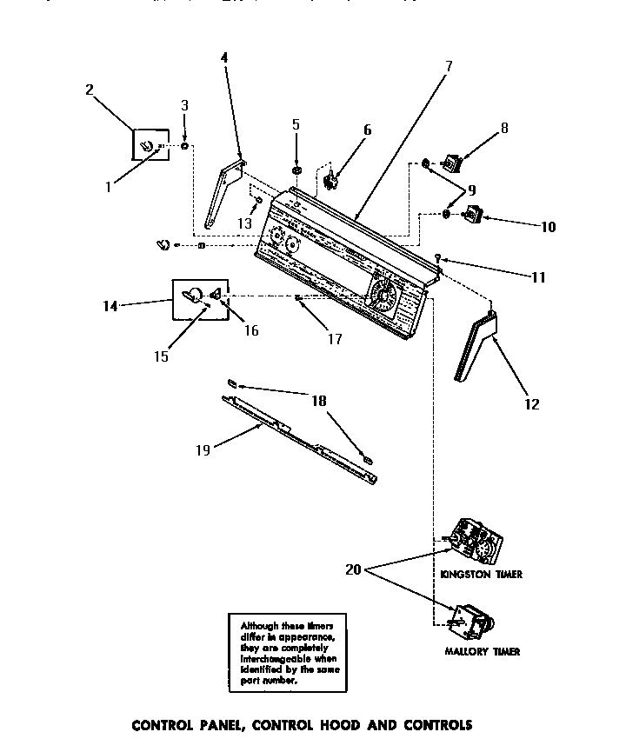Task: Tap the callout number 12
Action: [532, 403]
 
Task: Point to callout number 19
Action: [202, 450]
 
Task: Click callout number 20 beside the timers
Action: [355, 570]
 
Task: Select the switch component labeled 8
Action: [452, 161]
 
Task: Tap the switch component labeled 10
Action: [474, 213]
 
